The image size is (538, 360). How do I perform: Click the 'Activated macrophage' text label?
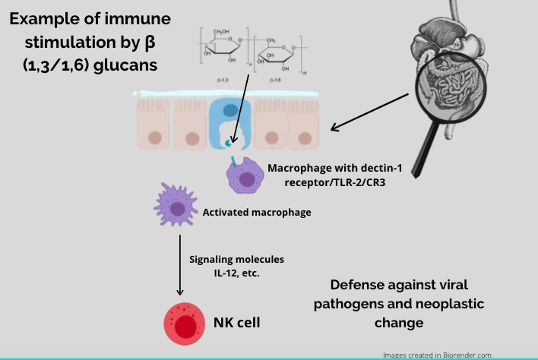(257, 212)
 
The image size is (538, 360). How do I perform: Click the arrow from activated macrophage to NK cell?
(180, 266)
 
